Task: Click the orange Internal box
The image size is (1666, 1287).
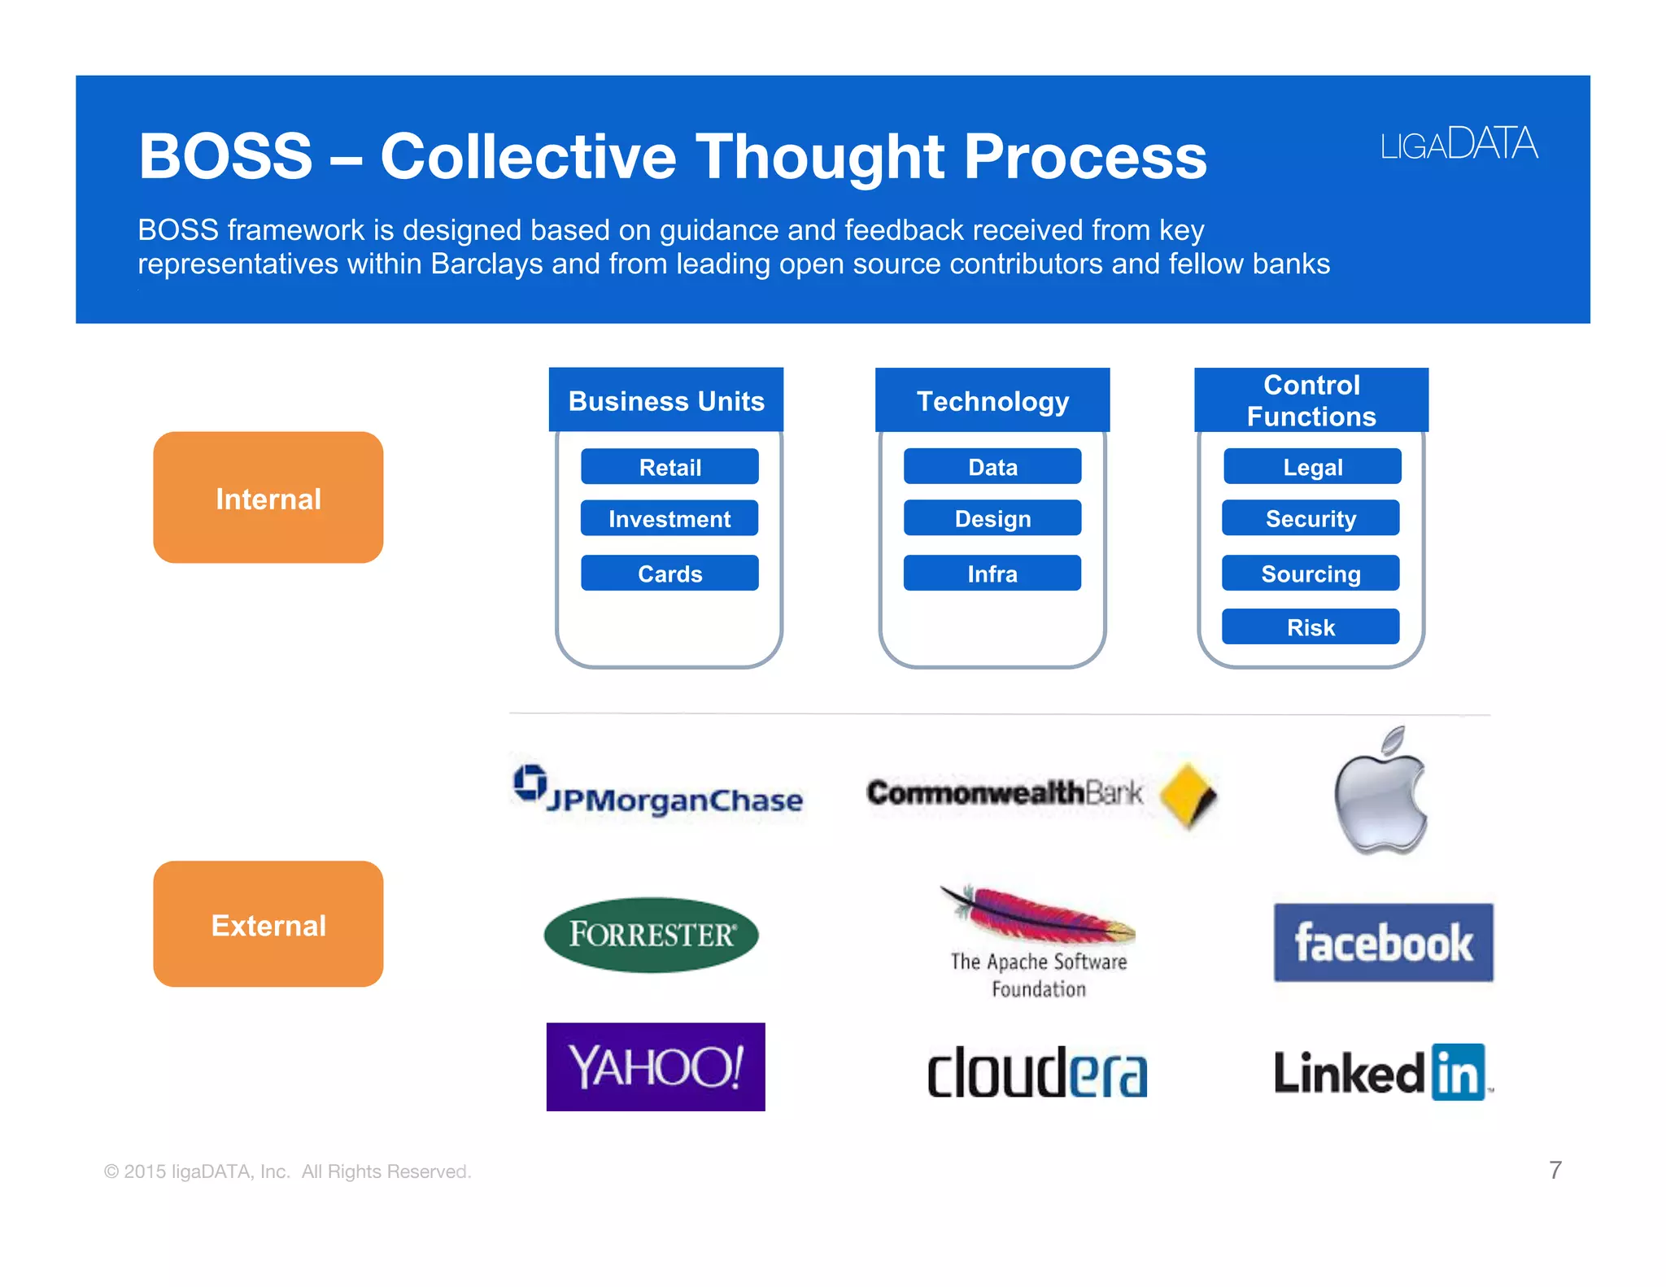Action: coord(268,498)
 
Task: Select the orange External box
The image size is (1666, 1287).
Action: coord(268,924)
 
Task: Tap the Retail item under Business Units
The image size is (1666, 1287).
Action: coord(669,467)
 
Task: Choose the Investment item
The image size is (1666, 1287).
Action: coord(669,518)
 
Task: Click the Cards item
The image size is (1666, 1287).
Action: coord(669,574)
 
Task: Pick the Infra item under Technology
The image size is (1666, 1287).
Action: coord(992,574)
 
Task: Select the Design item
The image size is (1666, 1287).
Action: coord(992,518)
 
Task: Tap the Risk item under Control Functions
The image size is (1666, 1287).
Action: coord(1311,627)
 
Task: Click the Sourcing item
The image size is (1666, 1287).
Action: coord(1311,574)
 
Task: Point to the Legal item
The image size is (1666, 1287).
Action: coord(1312,467)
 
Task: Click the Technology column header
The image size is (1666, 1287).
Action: coord(992,400)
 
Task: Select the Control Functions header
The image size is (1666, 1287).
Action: coord(1311,400)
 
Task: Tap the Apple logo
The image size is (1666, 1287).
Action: coord(1380,793)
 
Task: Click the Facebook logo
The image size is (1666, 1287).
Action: coord(1383,943)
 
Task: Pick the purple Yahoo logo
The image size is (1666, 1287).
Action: coord(656,1067)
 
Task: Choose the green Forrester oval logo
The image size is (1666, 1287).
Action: coord(651,935)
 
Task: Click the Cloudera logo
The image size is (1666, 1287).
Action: coord(1037,1072)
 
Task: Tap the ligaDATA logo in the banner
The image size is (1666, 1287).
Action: coord(1459,144)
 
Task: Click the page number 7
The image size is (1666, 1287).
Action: coord(1555,1170)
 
